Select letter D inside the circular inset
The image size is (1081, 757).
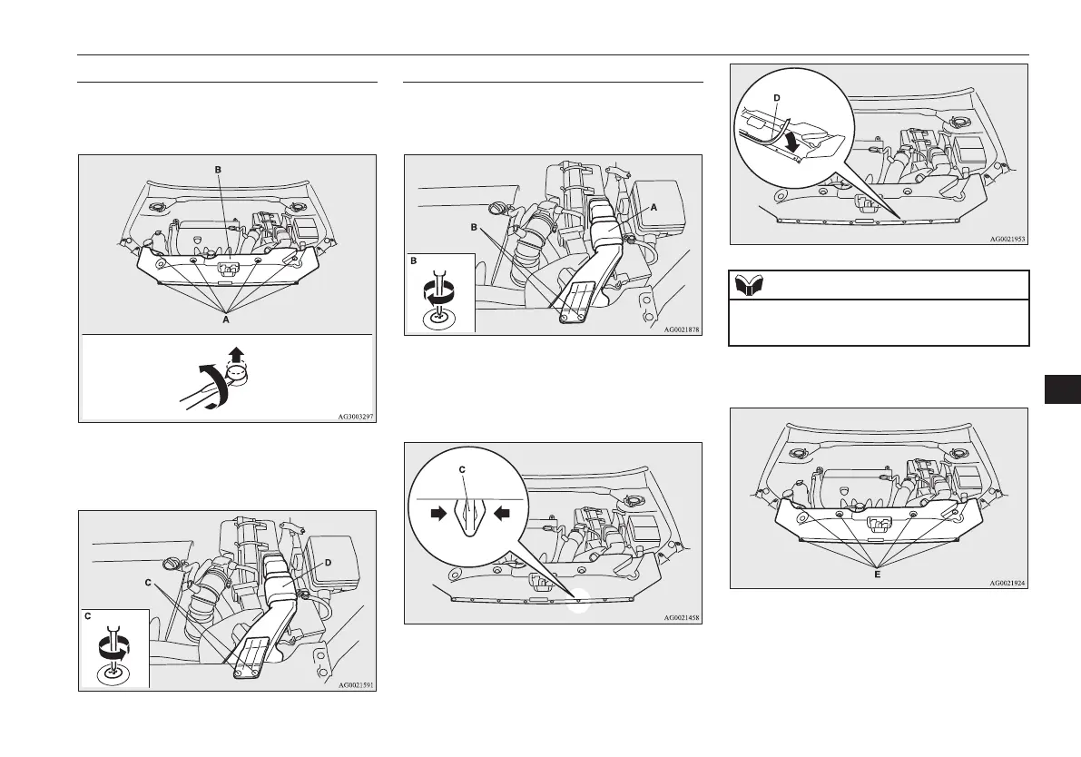(775, 97)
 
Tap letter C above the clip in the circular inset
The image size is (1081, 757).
(462, 469)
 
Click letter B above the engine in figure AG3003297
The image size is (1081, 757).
(217, 169)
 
